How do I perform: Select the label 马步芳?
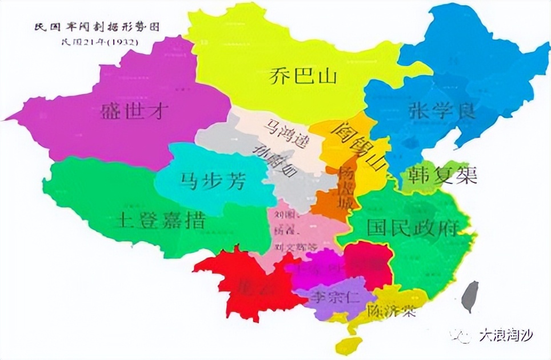click(213, 181)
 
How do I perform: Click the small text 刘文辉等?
click(296, 246)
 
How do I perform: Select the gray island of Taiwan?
click(470, 295)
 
